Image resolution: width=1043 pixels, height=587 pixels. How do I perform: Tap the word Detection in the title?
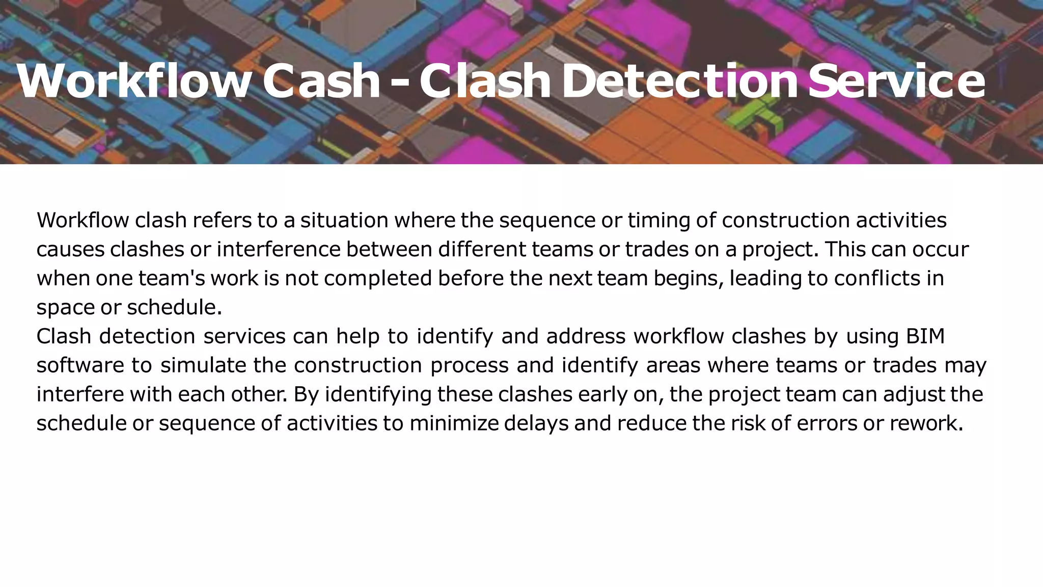coord(679,81)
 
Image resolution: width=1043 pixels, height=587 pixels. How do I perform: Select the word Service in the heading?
coord(896,81)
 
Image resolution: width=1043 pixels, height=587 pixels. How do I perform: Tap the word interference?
coord(278,249)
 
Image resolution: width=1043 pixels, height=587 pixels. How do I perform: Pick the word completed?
coord(377,279)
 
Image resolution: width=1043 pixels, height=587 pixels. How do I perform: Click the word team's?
coord(171,278)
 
